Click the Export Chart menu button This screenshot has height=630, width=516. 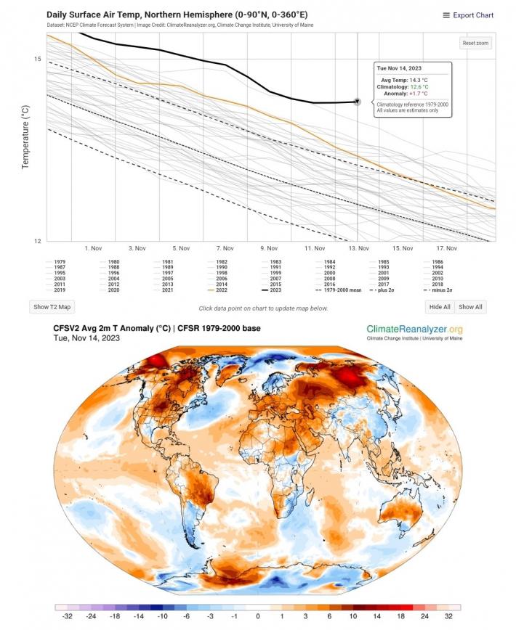pos(468,15)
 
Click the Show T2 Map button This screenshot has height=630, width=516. pos(51,307)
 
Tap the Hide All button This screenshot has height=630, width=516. pos(440,307)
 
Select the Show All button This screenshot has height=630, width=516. pos(471,307)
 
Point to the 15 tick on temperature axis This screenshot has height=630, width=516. pos(38,59)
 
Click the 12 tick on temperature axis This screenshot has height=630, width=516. pos(38,240)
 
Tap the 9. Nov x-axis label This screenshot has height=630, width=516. pos(269,248)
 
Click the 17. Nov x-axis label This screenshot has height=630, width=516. pos(447,248)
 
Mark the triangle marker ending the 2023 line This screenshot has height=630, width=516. pos(357,102)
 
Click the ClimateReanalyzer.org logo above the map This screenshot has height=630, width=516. pos(414,331)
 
